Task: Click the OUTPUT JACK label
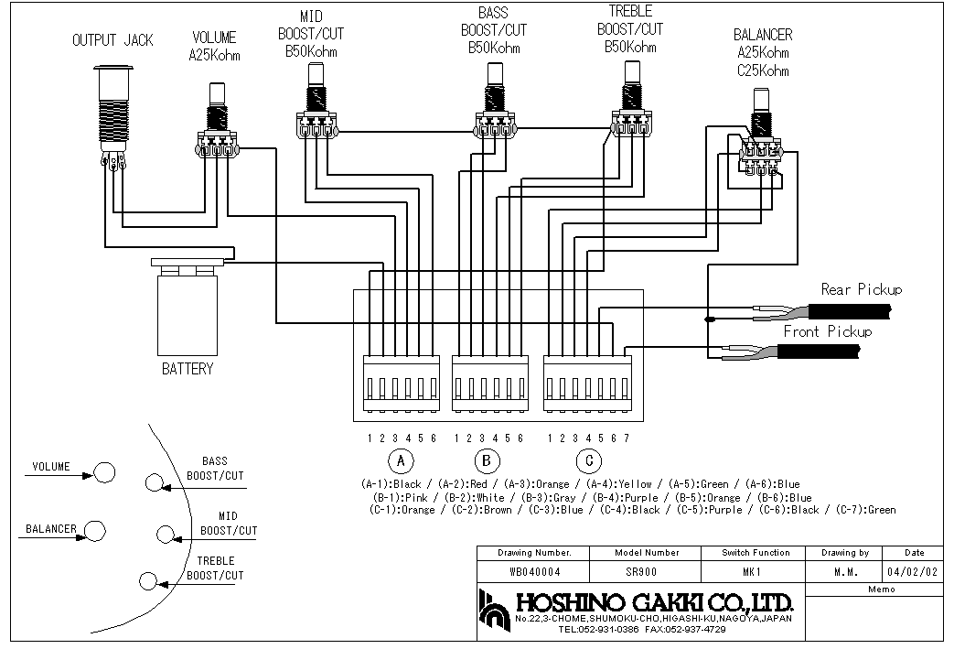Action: (113, 40)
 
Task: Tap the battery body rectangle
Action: (188, 316)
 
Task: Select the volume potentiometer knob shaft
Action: (217, 95)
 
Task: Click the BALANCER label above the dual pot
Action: (763, 35)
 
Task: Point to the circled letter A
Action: (401, 460)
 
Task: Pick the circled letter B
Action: (487, 460)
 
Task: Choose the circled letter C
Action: (588, 460)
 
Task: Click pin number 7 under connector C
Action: (627, 438)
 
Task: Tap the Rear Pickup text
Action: (862, 289)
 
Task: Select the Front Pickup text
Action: (828, 331)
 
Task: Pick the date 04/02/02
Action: (912, 572)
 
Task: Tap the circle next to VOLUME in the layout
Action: (104, 471)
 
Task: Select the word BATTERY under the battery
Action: (188, 369)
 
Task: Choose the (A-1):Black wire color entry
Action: (391, 484)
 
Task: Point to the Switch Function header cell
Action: (756, 553)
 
